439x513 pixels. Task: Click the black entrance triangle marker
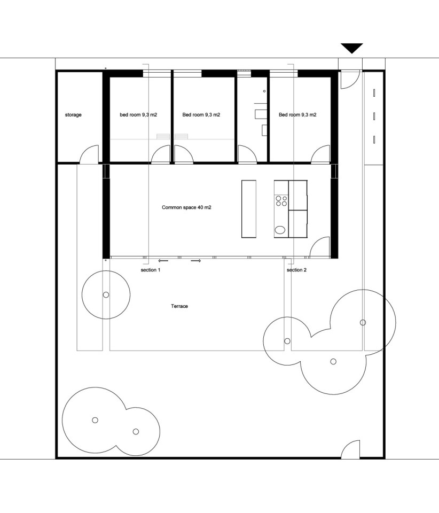point(352,48)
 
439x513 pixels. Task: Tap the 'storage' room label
point(73,115)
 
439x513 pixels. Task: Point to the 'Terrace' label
point(179,306)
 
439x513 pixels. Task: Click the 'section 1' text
point(150,270)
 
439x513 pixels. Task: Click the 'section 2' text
point(297,270)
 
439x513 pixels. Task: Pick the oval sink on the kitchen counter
point(280,231)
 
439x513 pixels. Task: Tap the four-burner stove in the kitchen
point(281,201)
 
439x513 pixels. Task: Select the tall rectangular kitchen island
point(249,208)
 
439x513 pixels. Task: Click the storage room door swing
point(89,154)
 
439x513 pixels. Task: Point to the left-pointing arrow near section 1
point(163,261)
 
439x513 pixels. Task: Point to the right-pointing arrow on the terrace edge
point(195,261)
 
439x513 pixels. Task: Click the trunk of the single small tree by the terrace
point(106,295)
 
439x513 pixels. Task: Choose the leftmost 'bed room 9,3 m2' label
point(138,115)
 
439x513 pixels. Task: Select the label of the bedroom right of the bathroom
point(297,115)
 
